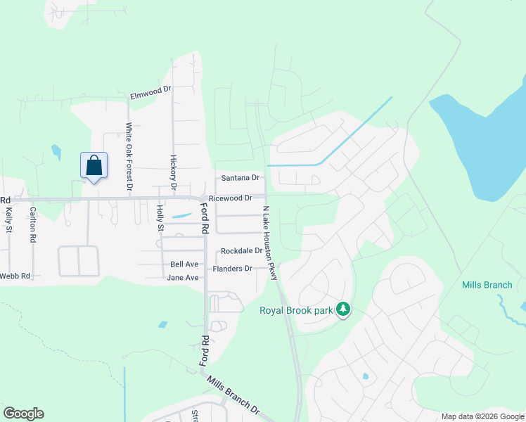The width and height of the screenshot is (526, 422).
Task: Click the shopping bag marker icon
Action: click(94, 167)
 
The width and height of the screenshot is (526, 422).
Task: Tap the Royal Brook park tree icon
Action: click(343, 309)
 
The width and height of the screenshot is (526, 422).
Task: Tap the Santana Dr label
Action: click(240, 179)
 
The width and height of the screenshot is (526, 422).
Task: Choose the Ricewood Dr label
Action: click(235, 198)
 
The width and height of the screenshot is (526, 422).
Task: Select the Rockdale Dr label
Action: click(241, 251)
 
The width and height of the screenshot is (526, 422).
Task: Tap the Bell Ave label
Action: click(184, 264)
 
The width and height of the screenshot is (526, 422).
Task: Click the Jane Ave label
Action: click(183, 278)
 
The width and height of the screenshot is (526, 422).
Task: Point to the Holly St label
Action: click(160, 218)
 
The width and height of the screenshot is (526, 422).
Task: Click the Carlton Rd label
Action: click(32, 224)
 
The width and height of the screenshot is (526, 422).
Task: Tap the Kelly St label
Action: click(9, 219)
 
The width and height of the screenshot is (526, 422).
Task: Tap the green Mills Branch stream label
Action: click(487, 285)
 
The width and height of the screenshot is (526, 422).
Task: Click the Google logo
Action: click(23, 414)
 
